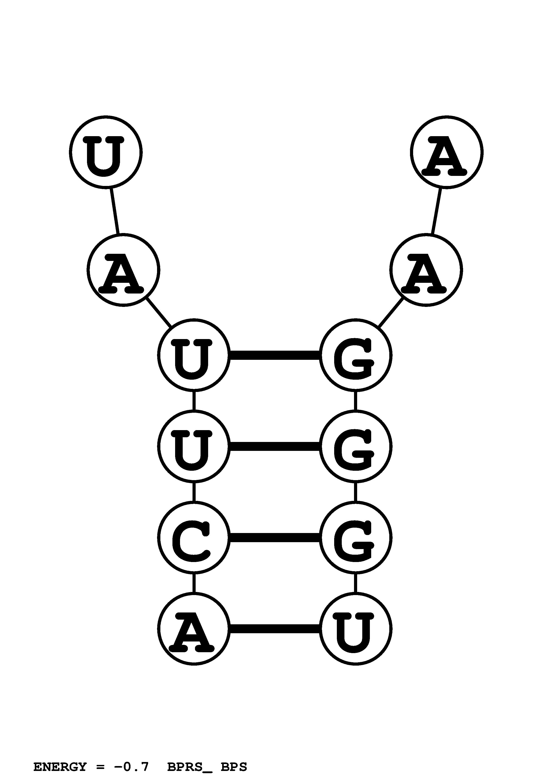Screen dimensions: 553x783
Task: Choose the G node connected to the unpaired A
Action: (355, 355)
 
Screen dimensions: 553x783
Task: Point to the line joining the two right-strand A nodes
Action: (437, 211)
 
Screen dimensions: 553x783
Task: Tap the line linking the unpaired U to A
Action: (114, 211)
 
